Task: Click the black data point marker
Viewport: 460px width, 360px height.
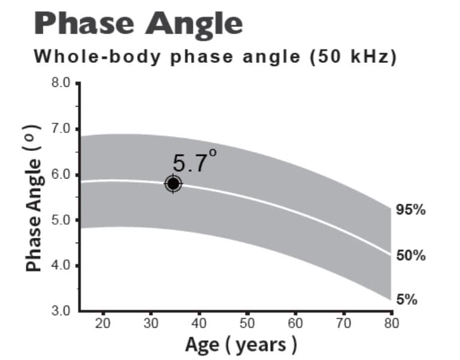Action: (173, 183)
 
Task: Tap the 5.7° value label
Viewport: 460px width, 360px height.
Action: (193, 162)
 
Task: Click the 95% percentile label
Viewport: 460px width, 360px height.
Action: (411, 210)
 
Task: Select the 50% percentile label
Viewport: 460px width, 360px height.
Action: (411, 255)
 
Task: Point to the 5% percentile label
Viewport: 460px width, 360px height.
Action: (407, 300)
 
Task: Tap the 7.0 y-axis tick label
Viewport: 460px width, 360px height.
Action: (62, 128)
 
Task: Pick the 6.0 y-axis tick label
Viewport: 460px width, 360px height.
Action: (62, 174)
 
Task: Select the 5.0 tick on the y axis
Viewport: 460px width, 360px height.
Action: (62, 219)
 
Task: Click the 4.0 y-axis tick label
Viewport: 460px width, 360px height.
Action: (62, 265)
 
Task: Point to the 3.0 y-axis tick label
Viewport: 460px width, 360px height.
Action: (62, 310)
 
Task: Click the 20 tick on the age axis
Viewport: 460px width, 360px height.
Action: (104, 324)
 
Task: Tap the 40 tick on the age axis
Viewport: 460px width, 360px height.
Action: (199, 324)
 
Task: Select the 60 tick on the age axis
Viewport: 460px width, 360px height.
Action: (295, 324)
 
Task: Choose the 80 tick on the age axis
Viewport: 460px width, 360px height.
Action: (391, 324)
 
